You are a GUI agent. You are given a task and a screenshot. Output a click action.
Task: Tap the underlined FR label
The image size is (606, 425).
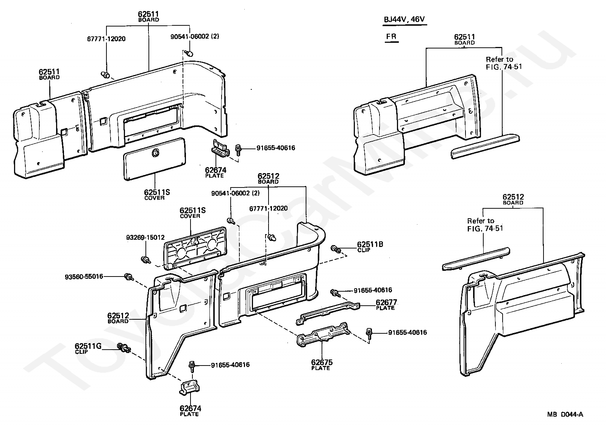point(391,36)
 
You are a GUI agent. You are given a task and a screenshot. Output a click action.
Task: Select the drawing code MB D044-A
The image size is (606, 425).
point(565,414)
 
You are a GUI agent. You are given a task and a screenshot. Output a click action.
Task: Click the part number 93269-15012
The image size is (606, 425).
point(145,237)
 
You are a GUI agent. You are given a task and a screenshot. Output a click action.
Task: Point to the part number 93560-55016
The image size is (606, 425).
point(84,277)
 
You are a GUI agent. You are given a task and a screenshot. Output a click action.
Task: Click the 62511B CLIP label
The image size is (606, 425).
point(370,247)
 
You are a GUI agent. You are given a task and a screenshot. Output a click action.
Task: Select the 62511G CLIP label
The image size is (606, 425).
point(88,348)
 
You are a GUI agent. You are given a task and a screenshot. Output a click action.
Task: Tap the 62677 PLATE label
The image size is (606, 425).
point(386,305)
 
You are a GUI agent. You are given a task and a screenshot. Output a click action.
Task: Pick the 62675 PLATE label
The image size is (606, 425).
point(322,364)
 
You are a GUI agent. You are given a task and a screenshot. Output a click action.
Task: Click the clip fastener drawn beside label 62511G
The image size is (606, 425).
point(124,348)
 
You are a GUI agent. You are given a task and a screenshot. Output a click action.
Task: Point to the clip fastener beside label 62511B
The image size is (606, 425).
point(336,249)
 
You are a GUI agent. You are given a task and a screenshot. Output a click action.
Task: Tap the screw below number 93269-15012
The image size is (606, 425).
point(146,260)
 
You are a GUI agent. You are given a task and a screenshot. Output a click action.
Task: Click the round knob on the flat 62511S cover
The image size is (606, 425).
point(156,153)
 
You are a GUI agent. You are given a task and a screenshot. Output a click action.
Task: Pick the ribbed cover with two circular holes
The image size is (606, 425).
point(195,248)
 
